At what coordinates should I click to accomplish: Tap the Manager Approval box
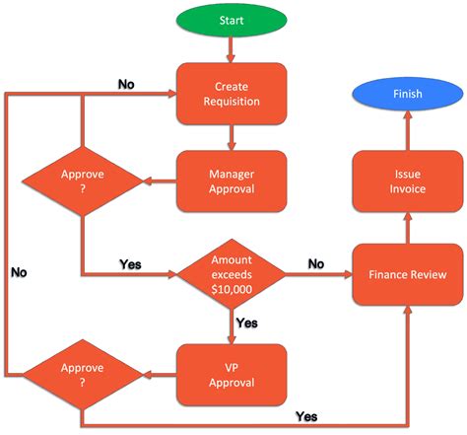[232, 181]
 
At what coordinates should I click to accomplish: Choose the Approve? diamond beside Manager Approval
[83, 181]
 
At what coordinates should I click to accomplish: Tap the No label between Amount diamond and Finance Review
[315, 263]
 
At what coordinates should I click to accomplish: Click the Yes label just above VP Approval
[246, 322]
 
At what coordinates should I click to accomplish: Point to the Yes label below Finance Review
[306, 418]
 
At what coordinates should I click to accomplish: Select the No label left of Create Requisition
[126, 84]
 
